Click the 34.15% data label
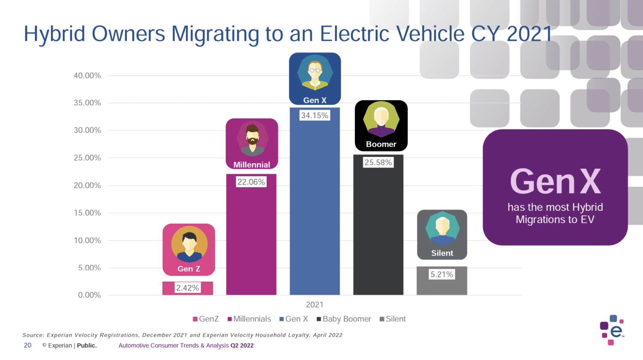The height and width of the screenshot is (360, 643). (315, 115)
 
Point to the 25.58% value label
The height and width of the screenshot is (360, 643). (378, 162)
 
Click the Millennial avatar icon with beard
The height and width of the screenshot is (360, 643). (252, 139)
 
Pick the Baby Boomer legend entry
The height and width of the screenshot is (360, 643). (344, 319)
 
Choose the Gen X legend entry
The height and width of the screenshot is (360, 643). (294, 319)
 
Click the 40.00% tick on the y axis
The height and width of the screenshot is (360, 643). (87, 75)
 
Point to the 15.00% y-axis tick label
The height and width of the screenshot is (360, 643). (87, 213)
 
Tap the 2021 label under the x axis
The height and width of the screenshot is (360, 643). (315, 305)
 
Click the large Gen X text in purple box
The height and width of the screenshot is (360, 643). (555, 182)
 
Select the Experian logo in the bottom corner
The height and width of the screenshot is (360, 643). (612, 330)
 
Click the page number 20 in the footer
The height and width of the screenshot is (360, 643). (28, 345)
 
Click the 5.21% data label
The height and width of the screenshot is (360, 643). (442, 274)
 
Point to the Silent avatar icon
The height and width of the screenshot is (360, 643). (442, 228)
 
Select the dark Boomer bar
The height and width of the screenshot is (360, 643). (378, 231)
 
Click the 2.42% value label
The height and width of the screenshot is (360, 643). (187, 288)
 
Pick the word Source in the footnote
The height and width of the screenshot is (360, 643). (33, 335)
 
